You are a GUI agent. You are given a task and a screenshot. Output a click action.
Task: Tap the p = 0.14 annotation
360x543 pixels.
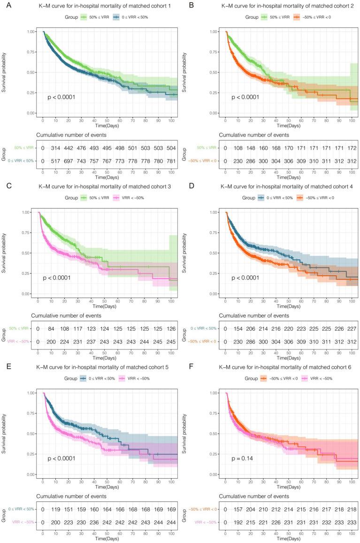[x=240, y=458]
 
